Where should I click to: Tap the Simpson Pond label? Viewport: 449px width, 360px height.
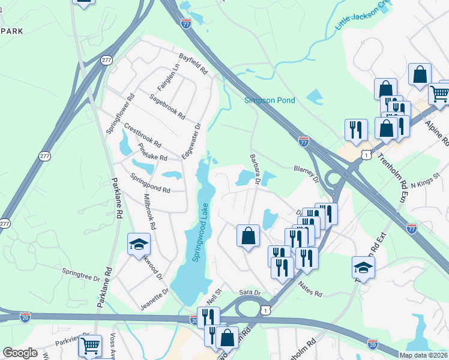click(270, 100)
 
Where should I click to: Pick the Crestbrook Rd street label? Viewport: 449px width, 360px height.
click(142, 136)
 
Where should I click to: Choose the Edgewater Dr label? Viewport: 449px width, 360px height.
click(191, 141)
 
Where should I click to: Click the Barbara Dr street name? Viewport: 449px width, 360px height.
click(255, 169)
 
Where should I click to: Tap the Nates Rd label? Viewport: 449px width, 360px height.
click(310, 291)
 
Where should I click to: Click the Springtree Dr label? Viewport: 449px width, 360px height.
click(80, 275)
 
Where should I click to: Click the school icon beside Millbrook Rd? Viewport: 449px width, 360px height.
click(139, 243)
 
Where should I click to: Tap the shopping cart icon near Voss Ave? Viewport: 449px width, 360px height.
click(89, 346)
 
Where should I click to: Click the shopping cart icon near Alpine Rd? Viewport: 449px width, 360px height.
click(439, 93)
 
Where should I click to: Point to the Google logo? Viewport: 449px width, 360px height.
click(20, 353)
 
